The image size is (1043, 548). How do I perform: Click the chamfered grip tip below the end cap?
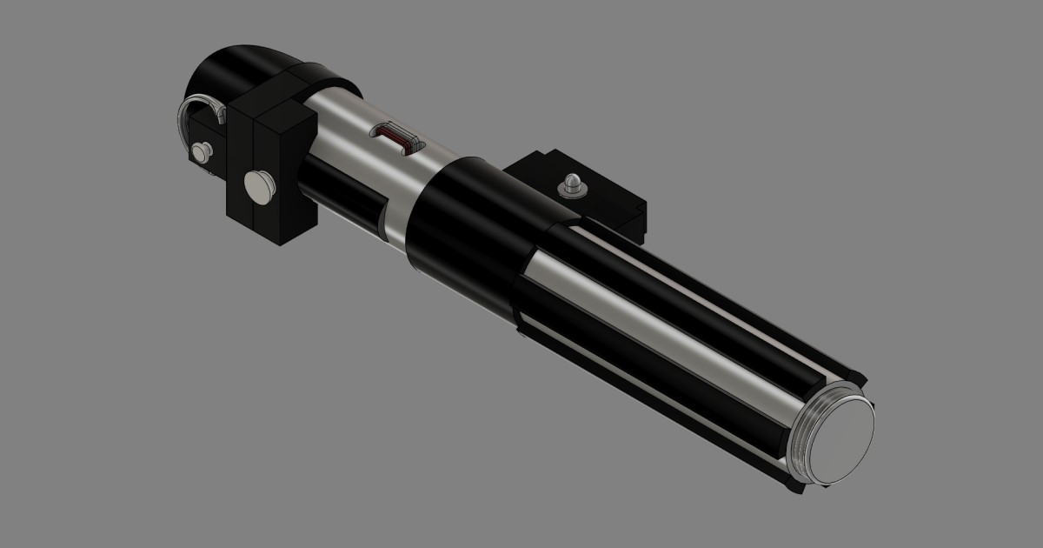[x=793, y=486]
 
